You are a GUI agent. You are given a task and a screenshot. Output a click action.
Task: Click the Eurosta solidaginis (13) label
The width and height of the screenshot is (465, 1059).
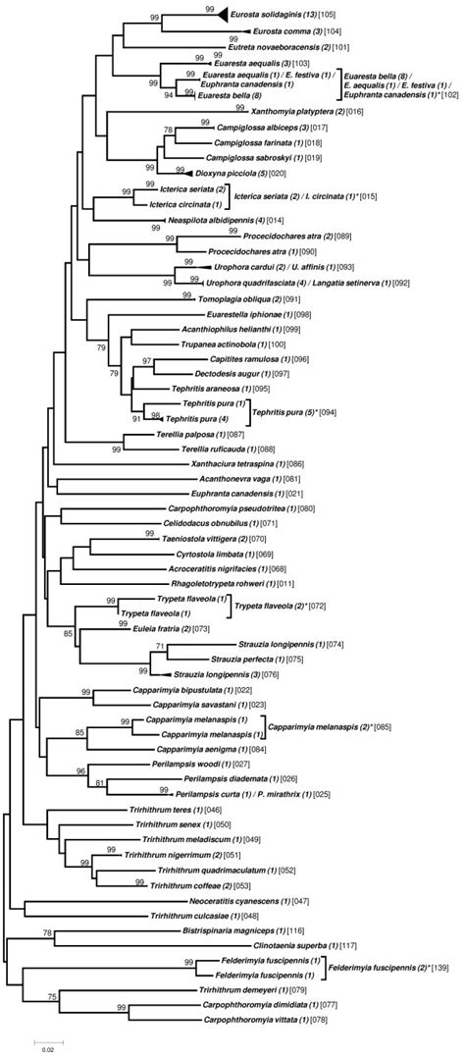271,17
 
